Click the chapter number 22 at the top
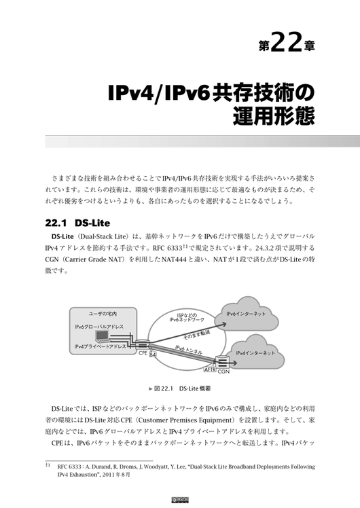pos(286,41)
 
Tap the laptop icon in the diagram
pos(101,337)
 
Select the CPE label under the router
pos(143,353)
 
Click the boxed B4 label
pos(153,355)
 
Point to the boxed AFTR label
pos(210,369)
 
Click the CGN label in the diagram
pos(223,371)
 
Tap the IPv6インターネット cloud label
pos(246,314)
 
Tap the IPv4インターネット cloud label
pos(255,352)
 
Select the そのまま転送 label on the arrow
pos(197,334)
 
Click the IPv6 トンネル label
pos(189,350)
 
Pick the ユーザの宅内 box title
pos(103,314)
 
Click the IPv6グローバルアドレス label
pos(99,327)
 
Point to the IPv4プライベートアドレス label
pos(100,346)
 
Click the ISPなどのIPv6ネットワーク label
pos(187,317)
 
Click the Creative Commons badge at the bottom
pos(180,500)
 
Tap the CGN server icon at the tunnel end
pos(223,361)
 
